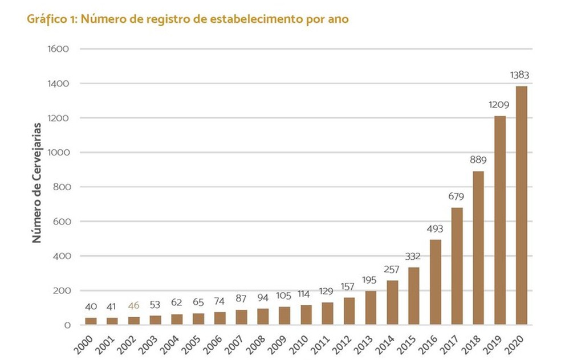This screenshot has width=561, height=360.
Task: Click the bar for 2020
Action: [521, 205]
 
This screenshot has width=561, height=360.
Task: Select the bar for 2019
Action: [500, 220]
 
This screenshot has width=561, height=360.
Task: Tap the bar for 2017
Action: [457, 266]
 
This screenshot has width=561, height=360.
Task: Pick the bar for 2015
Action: [414, 296]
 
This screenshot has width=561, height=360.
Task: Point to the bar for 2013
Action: [371, 308]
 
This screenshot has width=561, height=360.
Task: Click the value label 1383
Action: [521, 75]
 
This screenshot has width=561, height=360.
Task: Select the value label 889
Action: [478, 160]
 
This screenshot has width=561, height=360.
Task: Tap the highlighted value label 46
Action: [134, 306]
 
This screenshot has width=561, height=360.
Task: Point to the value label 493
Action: [435, 229]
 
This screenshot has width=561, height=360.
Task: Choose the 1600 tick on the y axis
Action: [59, 49]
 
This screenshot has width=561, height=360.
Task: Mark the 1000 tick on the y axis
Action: [59, 153]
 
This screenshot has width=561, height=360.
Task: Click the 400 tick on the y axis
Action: [61, 256]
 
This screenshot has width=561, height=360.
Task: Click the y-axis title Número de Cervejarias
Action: [37, 182]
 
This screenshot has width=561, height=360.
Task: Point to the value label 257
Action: [392, 269]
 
